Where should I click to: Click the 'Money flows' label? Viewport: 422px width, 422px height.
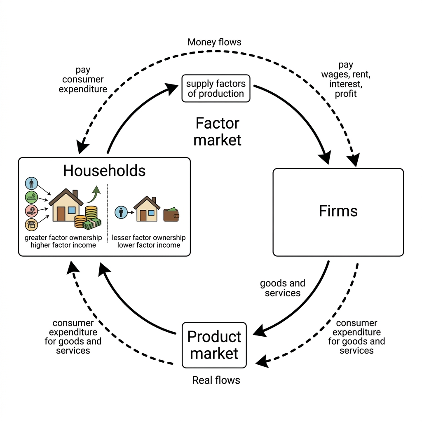point(214,42)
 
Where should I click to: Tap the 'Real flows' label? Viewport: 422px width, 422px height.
point(216,380)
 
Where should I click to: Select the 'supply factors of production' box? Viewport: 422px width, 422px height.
point(216,89)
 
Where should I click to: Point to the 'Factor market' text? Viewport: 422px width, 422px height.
point(218,131)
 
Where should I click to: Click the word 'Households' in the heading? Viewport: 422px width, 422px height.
point(104,171)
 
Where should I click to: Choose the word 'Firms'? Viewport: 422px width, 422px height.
point(338,211)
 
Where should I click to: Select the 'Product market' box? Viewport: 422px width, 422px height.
point(214,345)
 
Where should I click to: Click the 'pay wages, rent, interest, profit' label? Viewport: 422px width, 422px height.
point(346,80)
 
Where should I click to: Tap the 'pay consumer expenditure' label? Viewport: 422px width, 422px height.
point(83,80)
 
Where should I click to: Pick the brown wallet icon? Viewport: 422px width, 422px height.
point(171,214)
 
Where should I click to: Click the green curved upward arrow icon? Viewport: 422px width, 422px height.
point(94,194)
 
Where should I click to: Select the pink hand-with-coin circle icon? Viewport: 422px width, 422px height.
point(31,211)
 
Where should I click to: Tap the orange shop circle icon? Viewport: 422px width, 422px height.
point(31,225)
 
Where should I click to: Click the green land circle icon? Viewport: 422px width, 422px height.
point(31,197)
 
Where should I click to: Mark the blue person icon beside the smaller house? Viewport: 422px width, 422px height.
point(121,212)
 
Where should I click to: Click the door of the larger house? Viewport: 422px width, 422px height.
point(61,214)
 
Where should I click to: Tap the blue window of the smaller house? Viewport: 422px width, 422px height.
point(151,213)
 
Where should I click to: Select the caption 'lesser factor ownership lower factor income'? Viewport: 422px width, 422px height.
point(148,241)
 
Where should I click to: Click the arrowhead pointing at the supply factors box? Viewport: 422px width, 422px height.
point(172,88)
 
